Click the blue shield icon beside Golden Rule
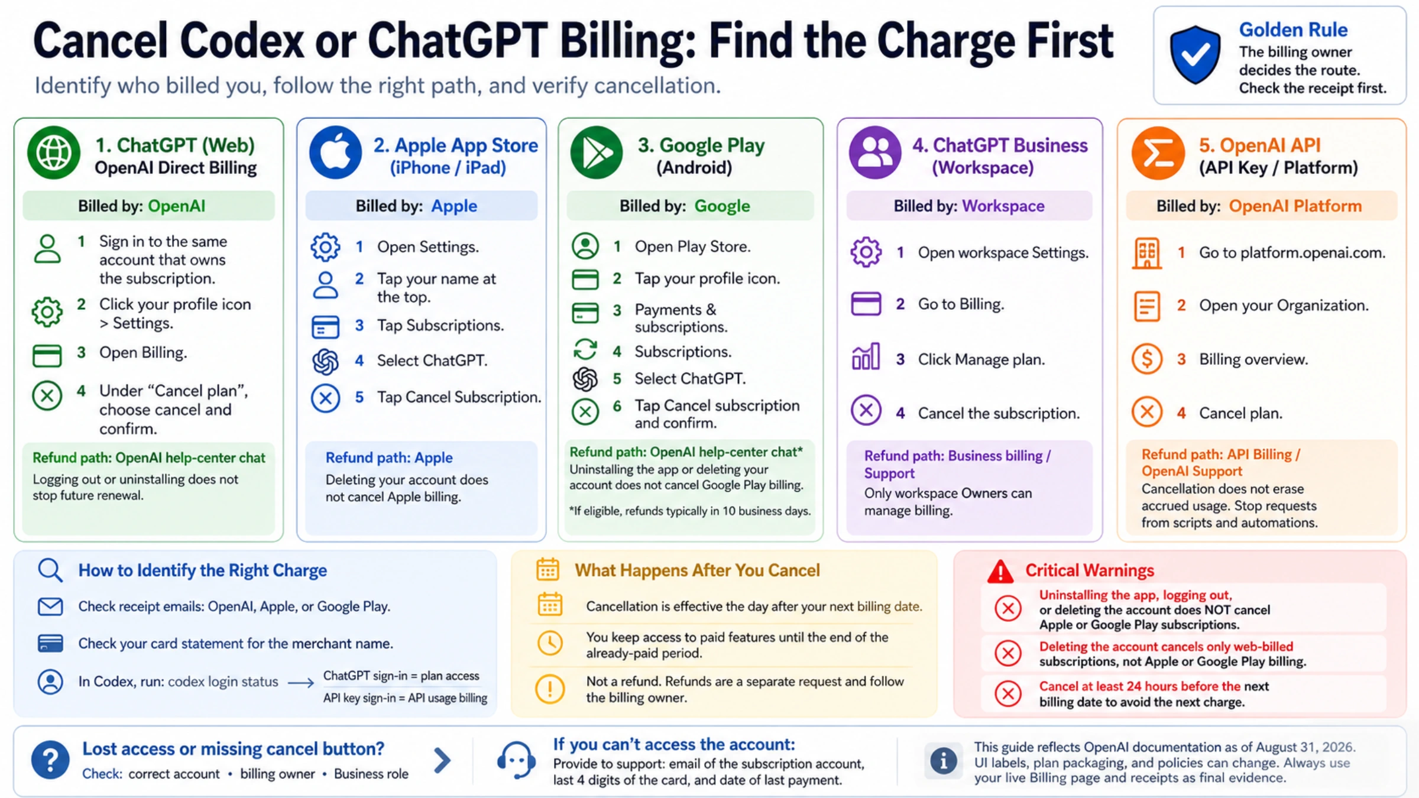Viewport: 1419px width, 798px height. pos(1195,54)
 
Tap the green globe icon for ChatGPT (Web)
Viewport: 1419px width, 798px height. pos(54,153)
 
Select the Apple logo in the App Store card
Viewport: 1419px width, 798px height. pos(335,153)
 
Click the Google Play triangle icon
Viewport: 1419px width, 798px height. pos(597,153)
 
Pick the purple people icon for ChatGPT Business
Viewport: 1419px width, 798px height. pos(875,153)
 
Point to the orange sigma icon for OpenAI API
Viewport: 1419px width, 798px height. pos(1158,153)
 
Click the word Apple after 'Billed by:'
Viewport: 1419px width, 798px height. pos(454,206)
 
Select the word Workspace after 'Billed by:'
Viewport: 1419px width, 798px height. pos(1003,206)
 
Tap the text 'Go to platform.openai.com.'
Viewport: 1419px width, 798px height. pos(1292,253)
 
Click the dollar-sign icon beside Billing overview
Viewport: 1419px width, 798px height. pos(1147,359)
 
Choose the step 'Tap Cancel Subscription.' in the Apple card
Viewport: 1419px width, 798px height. pos(459,397)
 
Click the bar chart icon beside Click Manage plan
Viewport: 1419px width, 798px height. pos(866,356)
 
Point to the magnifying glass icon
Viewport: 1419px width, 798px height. pos(50,570)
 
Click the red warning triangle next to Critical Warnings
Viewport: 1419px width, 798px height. pos(1000,571)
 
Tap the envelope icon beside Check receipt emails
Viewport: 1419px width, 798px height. pos(50,606)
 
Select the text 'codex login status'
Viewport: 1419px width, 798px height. pos(223,682)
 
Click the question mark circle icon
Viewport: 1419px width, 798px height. pos(50,760)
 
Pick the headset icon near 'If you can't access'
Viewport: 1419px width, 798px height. pos(516,760)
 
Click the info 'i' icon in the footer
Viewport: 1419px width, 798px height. pos(944,761)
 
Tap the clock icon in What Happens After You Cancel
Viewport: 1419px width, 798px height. pos(550,643)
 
